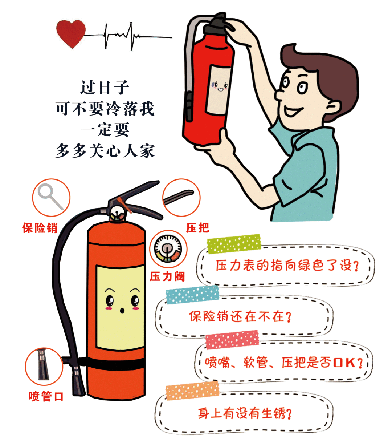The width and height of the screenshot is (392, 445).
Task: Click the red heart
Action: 71,33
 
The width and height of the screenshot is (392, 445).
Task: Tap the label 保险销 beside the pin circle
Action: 40,228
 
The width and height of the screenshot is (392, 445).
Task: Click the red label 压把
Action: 197,228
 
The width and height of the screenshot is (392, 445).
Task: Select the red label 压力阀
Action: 167,276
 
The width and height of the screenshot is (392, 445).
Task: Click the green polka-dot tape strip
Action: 234,244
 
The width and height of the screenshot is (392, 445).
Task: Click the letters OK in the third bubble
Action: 344,363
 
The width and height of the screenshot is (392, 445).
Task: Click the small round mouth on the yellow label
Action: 122,311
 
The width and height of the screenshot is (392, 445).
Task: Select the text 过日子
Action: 105,87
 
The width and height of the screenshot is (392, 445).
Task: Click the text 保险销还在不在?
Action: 240,316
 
